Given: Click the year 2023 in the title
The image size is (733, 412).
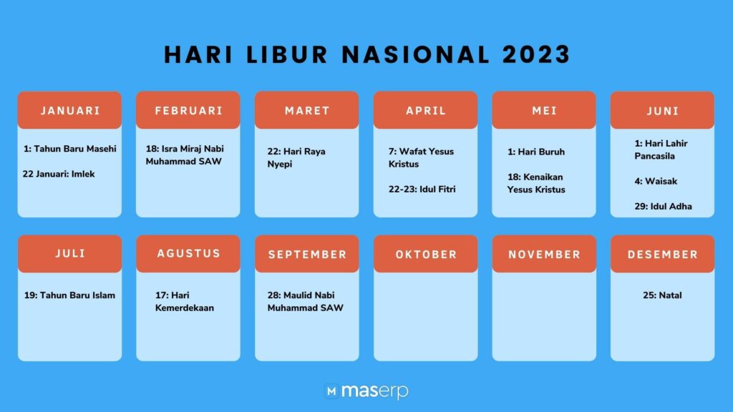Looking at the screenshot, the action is click(x=536, y=54).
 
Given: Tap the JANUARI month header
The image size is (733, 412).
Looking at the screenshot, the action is click(x=70, y=111).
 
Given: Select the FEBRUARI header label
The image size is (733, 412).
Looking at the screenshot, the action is click(x=188, y=111).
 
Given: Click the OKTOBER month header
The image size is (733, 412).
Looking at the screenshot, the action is click(x=426, y=255).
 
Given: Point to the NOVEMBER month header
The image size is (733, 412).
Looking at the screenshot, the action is click(x=544, y=255).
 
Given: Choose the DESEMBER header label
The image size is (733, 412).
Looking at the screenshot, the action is click(x=662, y=255).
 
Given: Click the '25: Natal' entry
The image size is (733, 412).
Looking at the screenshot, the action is click(x=662, y=295).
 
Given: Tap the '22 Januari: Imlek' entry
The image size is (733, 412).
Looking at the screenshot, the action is click(x=59, y=174).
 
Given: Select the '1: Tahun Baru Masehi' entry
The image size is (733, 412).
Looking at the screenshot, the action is click(x=69, y=149).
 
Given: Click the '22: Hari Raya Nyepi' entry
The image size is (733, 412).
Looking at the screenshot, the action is click(x=296, y=157).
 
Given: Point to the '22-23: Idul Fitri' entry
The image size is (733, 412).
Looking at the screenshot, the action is click(x=422, y=189).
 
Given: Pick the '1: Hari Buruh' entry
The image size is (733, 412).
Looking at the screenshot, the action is click(x=536, y=152).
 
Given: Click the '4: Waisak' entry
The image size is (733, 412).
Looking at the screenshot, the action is click(x=656, y=181).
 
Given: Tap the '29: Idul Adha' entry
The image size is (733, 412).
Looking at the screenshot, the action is click(x=663, y=207).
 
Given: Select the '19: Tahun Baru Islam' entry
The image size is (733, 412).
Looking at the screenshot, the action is click(x=69, y=295).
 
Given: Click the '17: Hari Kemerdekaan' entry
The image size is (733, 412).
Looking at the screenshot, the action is click(x=184, y=301).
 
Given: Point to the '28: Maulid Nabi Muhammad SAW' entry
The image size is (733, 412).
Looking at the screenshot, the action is click(x=305, y=301).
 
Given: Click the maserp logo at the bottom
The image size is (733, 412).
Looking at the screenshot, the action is click(x=366, y=391).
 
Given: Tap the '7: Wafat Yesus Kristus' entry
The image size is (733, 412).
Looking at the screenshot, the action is click(x=421, y=157).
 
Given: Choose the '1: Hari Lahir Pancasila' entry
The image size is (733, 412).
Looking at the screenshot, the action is click(x=661, y=149).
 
